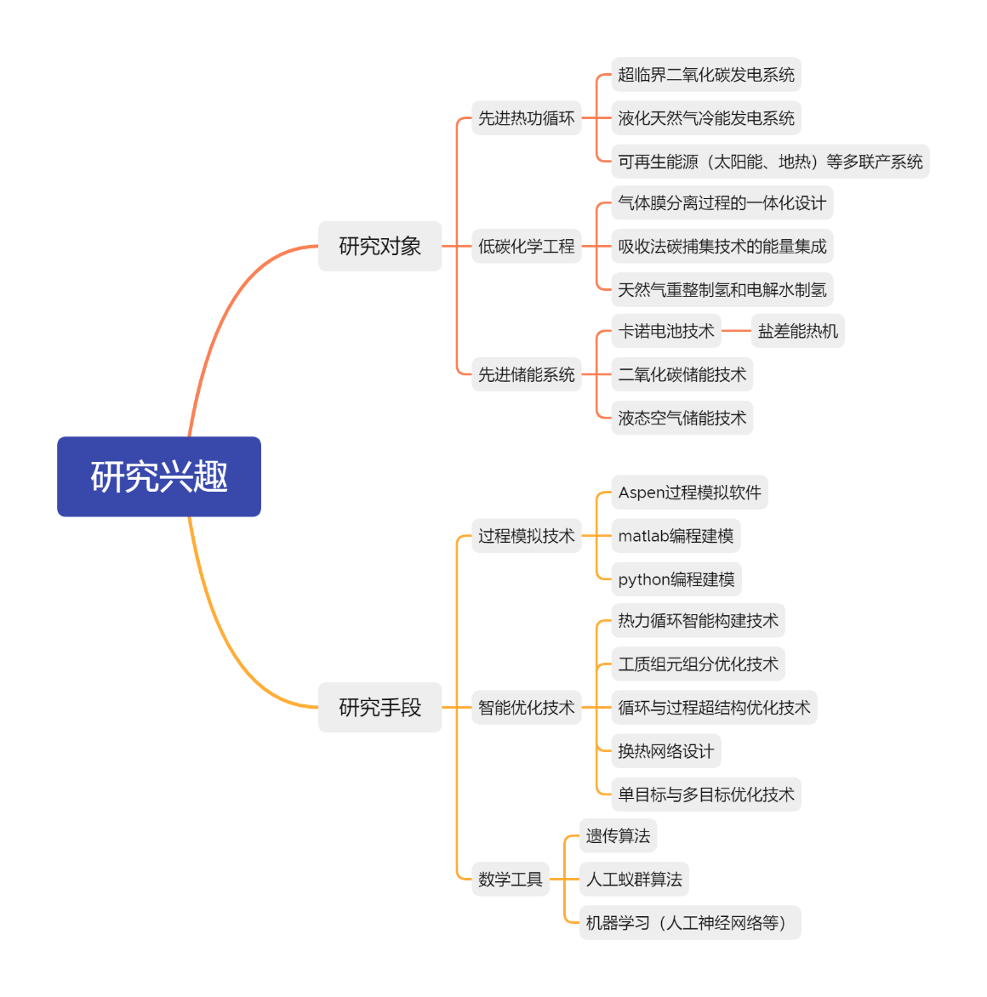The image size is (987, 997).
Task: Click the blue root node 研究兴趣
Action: point(159,476)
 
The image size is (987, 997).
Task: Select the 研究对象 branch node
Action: point(379,247)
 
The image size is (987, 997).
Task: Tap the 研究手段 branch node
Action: point(379,708)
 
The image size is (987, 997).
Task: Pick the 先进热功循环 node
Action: point(526,118)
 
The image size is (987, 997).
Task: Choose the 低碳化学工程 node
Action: point(526,247)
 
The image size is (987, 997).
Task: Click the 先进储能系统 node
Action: point(526,375)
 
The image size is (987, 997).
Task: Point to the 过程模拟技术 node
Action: point(526,536)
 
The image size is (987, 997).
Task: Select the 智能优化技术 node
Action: point(526,708)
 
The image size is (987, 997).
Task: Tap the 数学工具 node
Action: point(510,880)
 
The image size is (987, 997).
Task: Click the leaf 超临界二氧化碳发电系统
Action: point(706,75)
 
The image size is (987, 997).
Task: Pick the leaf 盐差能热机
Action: point(797,332)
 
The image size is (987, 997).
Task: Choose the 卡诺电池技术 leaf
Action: point(666,332)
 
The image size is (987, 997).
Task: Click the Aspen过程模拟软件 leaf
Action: point(689,493)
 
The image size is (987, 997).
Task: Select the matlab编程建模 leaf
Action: point(676,536)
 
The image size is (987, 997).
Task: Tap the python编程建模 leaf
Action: point(676,579)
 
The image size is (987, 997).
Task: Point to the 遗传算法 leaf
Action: point(618,836)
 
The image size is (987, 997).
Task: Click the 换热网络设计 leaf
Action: point(666,751)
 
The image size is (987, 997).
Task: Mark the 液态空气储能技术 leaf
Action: point(682,419)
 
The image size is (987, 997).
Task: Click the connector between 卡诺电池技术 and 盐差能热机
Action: point(736,332)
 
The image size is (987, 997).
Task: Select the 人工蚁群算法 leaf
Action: point(634,880)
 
